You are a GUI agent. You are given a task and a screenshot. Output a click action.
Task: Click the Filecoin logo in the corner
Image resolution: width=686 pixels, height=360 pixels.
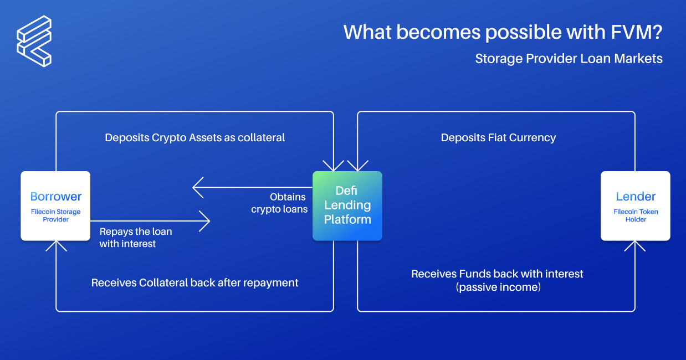click(x=34, y=41)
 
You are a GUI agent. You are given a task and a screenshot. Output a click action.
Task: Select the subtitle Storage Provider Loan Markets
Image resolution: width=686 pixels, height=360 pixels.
click(x=569, y=59)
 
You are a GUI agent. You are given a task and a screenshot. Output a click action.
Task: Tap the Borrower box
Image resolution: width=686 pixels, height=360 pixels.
click(x=55, y=205)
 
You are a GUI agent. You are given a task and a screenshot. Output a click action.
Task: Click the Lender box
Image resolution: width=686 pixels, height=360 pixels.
click(x=636, y=205)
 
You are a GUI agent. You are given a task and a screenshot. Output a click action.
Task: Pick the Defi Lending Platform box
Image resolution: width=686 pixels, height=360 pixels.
click(x=347, y=205)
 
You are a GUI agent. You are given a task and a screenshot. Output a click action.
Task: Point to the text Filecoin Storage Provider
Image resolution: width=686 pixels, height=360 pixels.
click(x=55, y=215)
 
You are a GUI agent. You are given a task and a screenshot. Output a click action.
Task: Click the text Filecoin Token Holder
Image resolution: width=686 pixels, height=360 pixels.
click(x=636, y=215)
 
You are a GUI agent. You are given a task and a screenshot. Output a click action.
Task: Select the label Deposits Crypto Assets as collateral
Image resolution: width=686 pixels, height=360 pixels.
click(x=195, y=137)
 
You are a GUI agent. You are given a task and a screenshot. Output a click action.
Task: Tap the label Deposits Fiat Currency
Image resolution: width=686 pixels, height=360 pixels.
click(x=498, y=137)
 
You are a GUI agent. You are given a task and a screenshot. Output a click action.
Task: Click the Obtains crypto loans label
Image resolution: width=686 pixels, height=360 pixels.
click(x=279, y=203)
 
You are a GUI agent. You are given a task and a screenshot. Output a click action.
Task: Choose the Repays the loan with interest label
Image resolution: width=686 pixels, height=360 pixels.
click(x=136, y=237)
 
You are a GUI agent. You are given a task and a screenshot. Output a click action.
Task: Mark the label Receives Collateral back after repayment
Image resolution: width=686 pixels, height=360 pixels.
click(x=195, y=282)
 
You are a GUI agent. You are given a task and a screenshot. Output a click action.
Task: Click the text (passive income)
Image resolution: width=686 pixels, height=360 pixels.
click(x=498, y=287)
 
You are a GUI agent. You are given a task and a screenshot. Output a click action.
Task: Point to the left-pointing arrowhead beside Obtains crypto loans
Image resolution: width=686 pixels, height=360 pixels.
click(x=197, y=188)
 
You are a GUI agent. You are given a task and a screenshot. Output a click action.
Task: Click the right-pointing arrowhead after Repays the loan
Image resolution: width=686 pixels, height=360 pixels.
click(x=206, y=222)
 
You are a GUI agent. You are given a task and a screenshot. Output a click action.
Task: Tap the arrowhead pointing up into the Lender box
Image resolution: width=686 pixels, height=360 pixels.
click(x=635, y=245)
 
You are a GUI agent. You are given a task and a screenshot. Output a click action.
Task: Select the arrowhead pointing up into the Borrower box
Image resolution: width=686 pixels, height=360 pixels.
click(x=56, y=245)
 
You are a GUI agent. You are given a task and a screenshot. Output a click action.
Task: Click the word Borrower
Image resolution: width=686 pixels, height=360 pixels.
click(x=55, y=197)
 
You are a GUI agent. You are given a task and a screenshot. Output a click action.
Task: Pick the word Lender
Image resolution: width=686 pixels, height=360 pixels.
click(x=636, y=197)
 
